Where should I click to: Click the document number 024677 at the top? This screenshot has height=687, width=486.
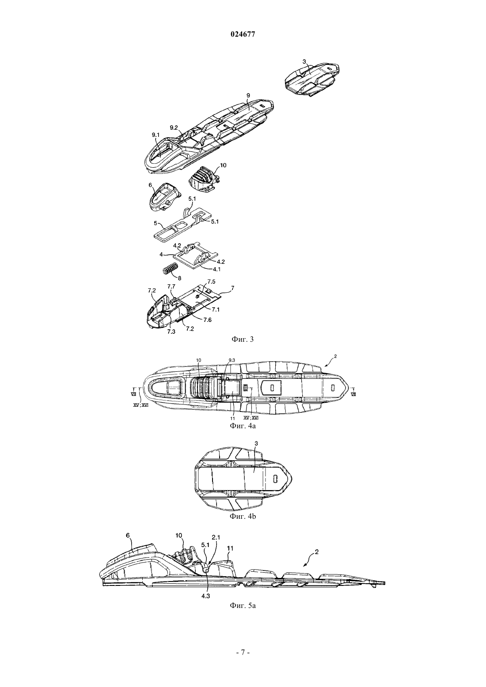click(243, 34)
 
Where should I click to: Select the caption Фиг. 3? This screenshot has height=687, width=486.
click(243, 339)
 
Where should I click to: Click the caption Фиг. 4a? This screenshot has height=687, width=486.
click(243, 426)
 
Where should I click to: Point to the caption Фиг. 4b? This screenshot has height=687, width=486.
click(243, 517)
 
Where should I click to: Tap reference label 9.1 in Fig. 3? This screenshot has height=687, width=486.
click(156, 134)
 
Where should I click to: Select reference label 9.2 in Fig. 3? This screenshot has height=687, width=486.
click(174, 128)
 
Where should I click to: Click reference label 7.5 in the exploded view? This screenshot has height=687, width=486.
click(211, 281)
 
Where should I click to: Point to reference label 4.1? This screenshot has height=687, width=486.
click(216, 269)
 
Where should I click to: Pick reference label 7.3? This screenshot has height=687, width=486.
click(171, 332)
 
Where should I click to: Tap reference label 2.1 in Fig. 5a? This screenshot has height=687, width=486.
click(216, 537)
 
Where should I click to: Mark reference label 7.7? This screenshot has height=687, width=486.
click(171, 286)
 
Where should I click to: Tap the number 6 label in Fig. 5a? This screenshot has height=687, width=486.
click(128, 535)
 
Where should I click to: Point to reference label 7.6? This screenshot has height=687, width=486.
click(207, 320)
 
